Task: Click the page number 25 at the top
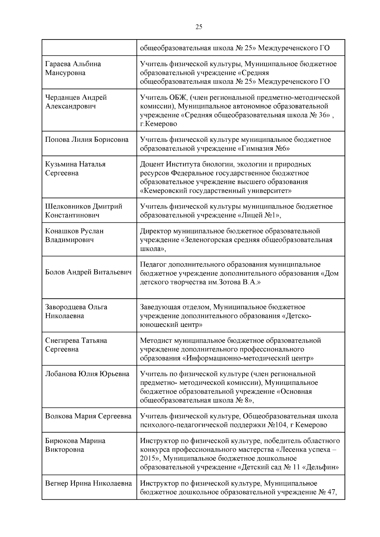point(199,27)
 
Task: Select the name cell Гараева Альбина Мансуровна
point(73,68)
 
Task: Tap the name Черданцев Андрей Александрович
point(76,102)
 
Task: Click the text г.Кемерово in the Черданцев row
point(158,124)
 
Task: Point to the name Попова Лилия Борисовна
point(87,140)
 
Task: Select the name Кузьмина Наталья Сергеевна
point(75,168)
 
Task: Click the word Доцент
point(152,164)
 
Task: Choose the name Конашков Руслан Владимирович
point(74,235)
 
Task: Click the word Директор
point(154,231)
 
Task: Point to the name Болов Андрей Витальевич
point(88,272)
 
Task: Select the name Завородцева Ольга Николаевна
point(76,311)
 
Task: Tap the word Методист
point(154,340)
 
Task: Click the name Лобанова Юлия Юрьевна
point(87,374)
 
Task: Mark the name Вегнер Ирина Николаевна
point(88,483)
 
